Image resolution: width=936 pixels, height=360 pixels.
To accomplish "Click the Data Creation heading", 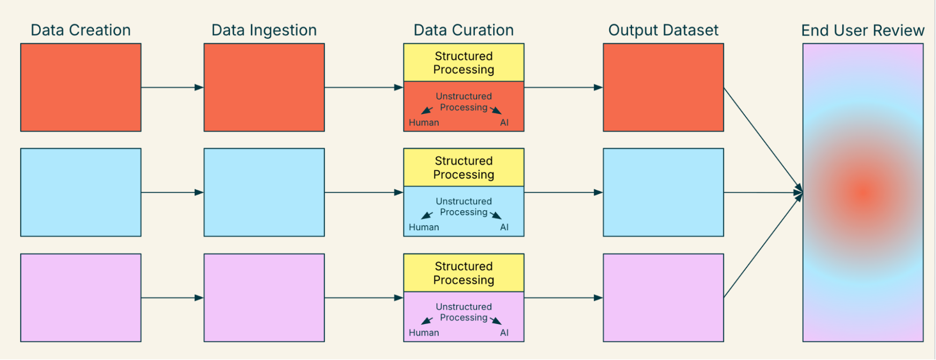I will pos(81,30).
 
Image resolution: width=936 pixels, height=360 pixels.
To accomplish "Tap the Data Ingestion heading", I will pos(264,30).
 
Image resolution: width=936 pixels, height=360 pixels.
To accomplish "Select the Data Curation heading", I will pos(464,30).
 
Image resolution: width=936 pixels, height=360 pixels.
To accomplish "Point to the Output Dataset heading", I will pos(663,30).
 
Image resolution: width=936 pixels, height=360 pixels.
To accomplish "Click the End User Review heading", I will pos(862,30).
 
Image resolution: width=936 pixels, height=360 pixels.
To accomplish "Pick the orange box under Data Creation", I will pos(81,88).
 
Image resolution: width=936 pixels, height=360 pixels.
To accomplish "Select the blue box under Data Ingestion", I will pos(264,192).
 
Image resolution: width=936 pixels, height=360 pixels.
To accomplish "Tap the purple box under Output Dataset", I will pos(663,298).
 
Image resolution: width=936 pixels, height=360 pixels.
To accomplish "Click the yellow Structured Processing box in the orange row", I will pos(464,63).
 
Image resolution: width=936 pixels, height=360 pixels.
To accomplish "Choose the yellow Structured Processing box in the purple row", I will pos(464,273).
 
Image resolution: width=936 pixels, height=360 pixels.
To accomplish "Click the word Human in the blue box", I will pos(424,228).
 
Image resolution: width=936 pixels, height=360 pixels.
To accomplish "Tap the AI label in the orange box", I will pos(504,123).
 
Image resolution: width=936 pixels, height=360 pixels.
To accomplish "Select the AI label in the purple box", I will pos(504,333).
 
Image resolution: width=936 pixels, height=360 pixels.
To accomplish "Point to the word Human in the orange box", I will pos(424,123).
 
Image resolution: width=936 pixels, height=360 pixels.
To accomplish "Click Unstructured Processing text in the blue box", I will pos(464,206).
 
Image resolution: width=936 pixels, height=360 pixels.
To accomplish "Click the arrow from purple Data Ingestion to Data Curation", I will pos(363,298).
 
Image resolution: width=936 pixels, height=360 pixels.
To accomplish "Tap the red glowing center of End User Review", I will pos(863,192).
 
